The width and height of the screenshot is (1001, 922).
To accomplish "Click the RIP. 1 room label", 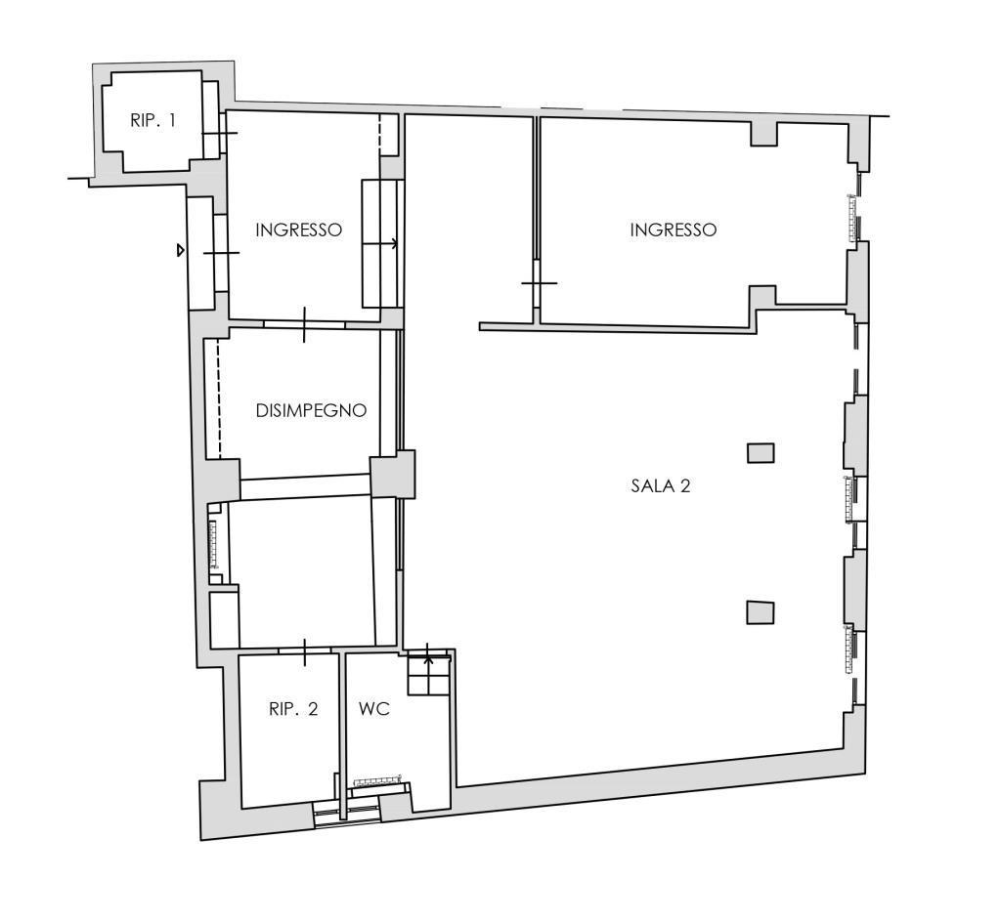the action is tap(152, 120).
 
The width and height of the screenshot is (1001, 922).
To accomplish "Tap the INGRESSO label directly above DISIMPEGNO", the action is tap(299, 230).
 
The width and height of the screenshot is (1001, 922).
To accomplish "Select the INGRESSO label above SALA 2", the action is tap(673, 230).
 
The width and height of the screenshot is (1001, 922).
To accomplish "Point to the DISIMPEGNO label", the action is tap(312, 410).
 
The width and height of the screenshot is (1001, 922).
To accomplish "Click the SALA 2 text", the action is tap(661, 485).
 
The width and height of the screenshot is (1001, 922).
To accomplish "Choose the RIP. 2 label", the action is tap(293, 709).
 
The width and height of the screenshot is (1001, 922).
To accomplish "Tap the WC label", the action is tap(374, 709).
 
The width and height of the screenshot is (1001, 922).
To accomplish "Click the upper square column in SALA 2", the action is tap(761, 453).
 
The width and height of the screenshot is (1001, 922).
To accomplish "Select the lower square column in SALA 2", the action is tap(761, 612).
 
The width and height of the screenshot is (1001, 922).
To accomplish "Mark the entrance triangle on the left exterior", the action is tap(181, 251).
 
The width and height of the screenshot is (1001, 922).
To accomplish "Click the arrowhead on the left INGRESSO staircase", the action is tap(395, 243).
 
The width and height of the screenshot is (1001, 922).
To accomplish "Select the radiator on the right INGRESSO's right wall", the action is tap(852, 218).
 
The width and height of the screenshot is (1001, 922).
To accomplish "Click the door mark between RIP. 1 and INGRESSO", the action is tap(220, 133).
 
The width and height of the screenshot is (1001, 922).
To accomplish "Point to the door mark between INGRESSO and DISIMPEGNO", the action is tap(305, 324).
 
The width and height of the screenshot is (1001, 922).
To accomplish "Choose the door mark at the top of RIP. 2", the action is tap(305, 651).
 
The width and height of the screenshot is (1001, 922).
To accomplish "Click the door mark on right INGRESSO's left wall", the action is tap(539, 283).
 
